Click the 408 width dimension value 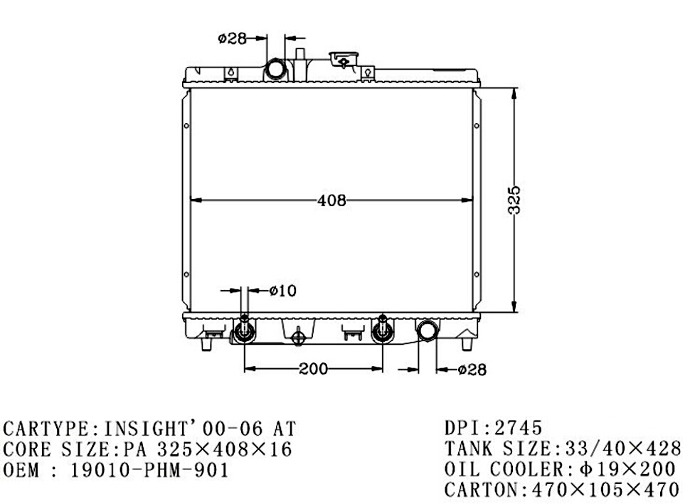click(x=331, y=200)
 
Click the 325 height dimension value click(x=514, y=200)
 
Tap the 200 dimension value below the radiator click(x=313, y=368)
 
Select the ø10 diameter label click(x=283, y=291)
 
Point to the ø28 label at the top click(x=232, y=38)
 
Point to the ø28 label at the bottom click(x=472, y=370)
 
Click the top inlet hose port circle click(x=276, y=70)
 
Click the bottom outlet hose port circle click(x=427, y=331)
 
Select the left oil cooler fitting click(x=244, y=330)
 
